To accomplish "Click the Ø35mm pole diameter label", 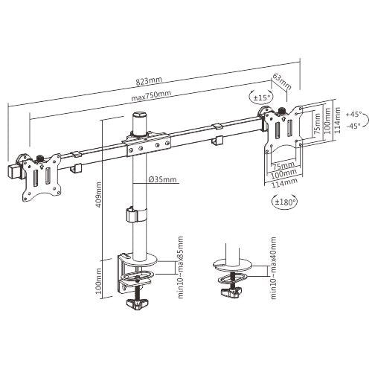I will click(x=162, y=179).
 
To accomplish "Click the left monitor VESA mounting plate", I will click(x=35, y=179).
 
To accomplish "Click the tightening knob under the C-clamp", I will click(x=138, y=305).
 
